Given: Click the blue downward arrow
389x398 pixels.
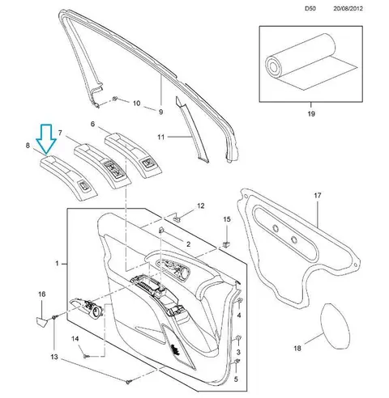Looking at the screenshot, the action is tap(46, 139).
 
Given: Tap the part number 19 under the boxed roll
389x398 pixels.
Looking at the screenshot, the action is tap(311, 114).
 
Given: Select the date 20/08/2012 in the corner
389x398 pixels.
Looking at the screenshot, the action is tap(348, 8).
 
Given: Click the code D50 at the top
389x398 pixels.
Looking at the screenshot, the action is tap(310, 8).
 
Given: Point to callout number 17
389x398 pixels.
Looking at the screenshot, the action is tap(318, 195).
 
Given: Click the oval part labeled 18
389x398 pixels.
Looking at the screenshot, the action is tap(335, 326).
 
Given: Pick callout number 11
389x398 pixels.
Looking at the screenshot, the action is tap(161, 138).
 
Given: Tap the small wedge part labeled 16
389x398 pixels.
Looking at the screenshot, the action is tap(41, 322).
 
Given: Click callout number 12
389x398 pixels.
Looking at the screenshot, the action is tap(201, 206).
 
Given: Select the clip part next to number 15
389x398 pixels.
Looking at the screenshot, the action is tap(226, 244).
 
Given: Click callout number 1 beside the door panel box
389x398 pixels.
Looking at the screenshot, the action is tap(57, 263).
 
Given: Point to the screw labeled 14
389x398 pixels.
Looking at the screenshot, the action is tap(87, 357).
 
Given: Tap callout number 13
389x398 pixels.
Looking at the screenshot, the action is tap(54, 357).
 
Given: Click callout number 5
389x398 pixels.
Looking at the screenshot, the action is tap(236, 379).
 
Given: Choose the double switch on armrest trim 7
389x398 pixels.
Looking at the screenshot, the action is tap(113, 170).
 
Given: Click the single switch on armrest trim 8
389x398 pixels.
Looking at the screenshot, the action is tap(83, 186).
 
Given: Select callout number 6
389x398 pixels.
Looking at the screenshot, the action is tap(92, 124).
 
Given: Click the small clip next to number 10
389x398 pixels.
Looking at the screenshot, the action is tap(114, 99).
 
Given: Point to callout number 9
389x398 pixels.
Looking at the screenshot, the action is tap(160, 112).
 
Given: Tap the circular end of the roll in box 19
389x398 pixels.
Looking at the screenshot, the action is tap(274, 66).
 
